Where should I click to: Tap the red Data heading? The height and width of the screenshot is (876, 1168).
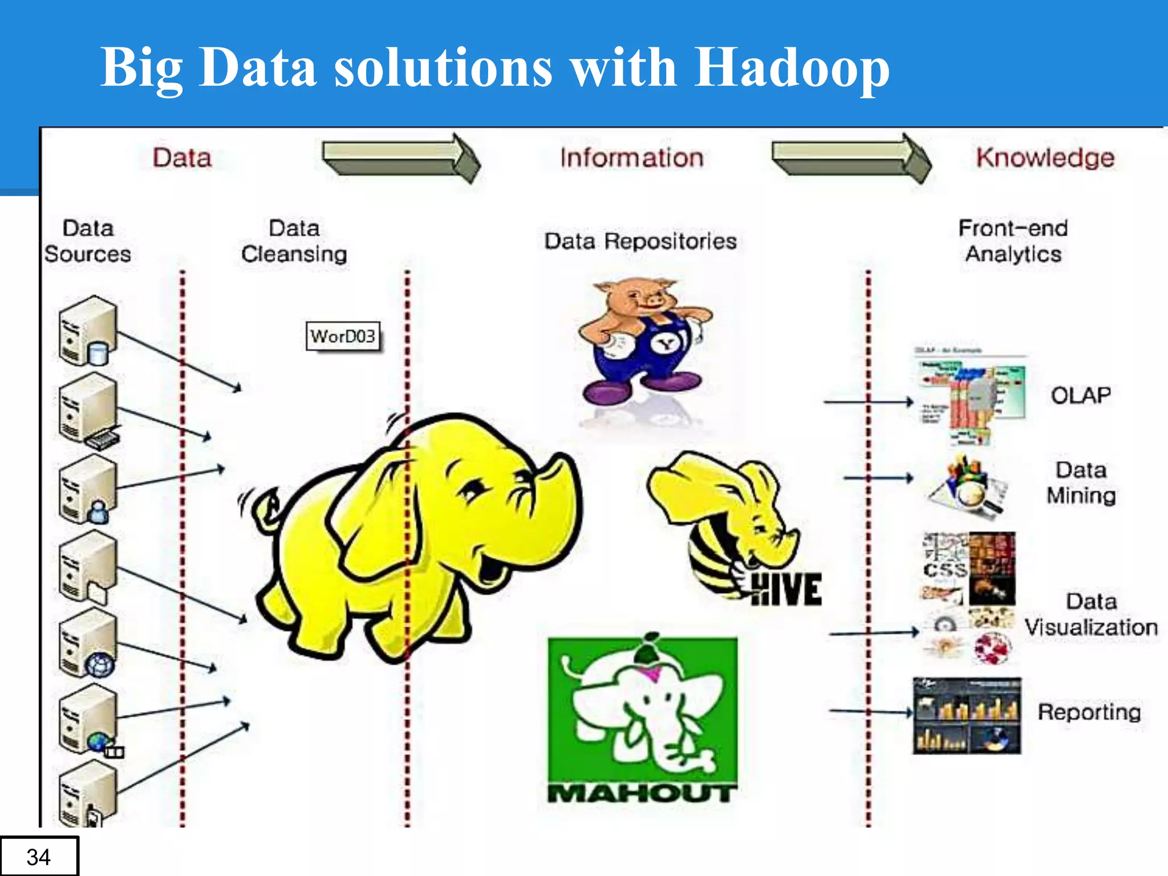182,158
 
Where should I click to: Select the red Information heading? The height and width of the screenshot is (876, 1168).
631,158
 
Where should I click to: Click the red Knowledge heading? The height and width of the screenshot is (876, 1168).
1045,158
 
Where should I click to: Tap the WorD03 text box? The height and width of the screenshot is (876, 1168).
343,336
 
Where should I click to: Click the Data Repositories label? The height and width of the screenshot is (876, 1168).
640,241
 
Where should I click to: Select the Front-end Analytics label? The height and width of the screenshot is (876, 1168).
1013,241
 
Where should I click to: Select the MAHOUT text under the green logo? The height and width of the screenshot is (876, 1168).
642,793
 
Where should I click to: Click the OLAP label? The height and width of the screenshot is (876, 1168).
1080,395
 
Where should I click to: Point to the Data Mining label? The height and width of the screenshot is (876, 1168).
1081,483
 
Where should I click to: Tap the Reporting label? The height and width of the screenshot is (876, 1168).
1089,712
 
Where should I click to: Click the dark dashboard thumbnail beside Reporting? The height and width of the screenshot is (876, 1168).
967,716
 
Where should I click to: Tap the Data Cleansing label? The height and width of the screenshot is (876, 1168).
294,241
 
